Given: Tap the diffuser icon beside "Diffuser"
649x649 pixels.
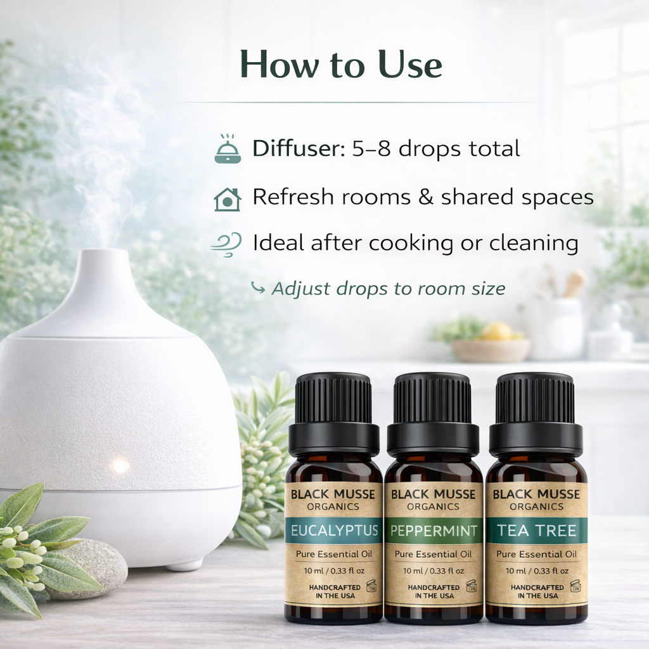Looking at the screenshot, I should click(x=228, y=150).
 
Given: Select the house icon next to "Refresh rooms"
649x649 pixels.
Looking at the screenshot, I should click(x=228, y=198).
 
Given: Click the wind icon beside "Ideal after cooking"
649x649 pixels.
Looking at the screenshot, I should click(x=226, y=243).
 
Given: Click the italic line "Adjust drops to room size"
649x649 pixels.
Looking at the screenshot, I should click(x=388, y=289).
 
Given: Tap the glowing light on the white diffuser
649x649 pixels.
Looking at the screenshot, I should click(x=120, y=466).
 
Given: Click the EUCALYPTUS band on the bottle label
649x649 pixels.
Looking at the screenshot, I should click(x=333, y=530).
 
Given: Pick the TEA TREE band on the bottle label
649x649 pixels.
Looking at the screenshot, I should click(x=536, y=530).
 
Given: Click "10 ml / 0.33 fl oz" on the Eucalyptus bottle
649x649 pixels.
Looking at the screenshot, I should click(x=333, y=571).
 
